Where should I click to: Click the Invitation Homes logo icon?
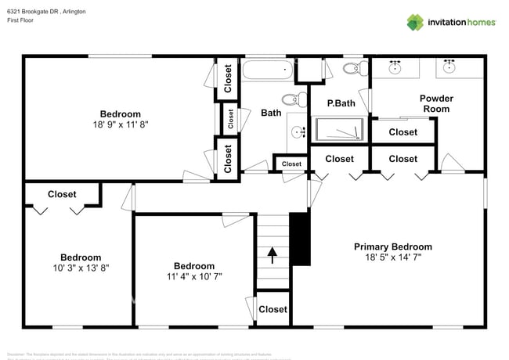coord(414,22)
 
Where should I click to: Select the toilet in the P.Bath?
coord(352,68)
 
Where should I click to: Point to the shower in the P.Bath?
coord(339,128)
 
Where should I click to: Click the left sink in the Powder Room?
coord(395,67)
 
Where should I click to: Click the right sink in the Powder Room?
coord(449,67)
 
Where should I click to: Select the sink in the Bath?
coord(298,131)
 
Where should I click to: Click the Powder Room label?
coord(436,103)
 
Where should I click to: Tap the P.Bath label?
coord(341,103)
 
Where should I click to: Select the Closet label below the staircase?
coord(273,309)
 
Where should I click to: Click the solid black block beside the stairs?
coord(301,238)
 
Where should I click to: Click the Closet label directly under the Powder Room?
coord(403,132)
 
